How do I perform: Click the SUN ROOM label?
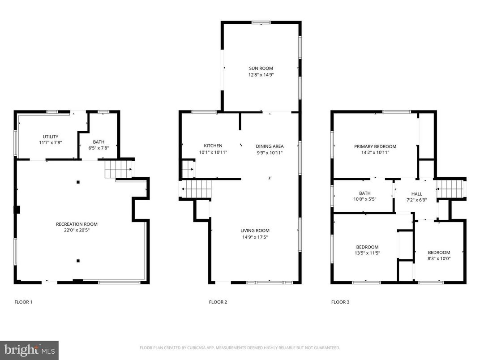(261, 69)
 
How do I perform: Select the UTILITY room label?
(51, 137)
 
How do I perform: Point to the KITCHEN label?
(213, 146)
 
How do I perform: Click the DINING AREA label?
(270, 146)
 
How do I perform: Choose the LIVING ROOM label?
(255, 231)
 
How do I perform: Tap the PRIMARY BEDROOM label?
(375, 146)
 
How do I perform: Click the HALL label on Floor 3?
(416, 194)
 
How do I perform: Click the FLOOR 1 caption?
(23, 302)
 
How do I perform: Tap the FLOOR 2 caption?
(218, 302)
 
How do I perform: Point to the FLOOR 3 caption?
(340, 302)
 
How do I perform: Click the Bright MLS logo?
(29, 350)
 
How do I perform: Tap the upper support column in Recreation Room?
(78, 182)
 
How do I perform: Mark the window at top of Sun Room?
(261, 22)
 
